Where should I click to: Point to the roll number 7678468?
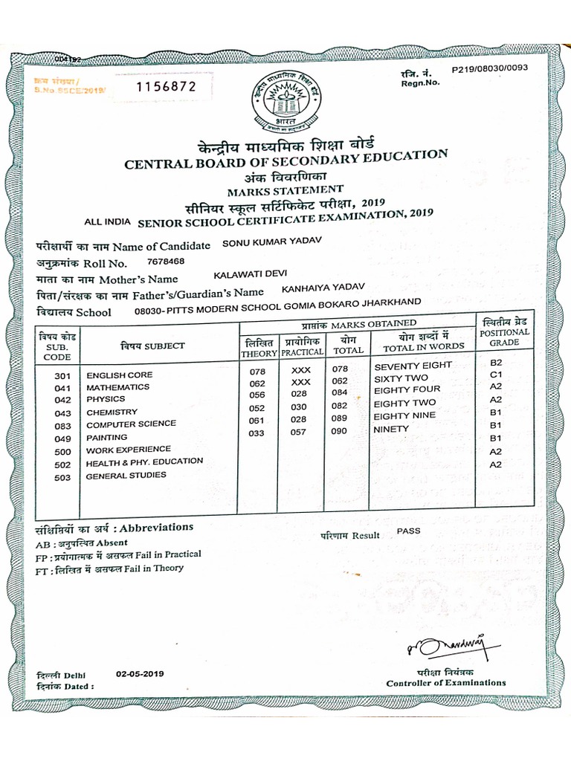pyautogui.click(x=167, y=262)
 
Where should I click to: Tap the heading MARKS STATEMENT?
pyautogui.click(x=285, y=191)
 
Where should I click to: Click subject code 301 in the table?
pyautogui.click(x=62, y=376)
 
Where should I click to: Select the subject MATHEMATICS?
pyautogui.click(x=117, y=387)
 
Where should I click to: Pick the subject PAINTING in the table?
pyautogui.click(x=106, y=438)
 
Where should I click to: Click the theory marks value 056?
pyautogui.click(x=257, y=395)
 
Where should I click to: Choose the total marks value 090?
pyautogui.click(x=340, y=431)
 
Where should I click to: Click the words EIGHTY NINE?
pyautogui.click(x=404, y=415)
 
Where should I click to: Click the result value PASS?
pyautogui.click(x=408, y=531)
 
